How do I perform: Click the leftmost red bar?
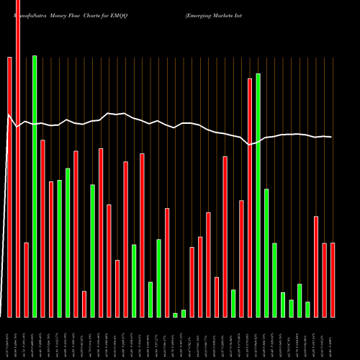9,187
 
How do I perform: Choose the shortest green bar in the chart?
175,315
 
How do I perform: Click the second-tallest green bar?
258,195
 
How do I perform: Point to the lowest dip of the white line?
250,145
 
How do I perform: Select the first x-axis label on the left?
9,338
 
